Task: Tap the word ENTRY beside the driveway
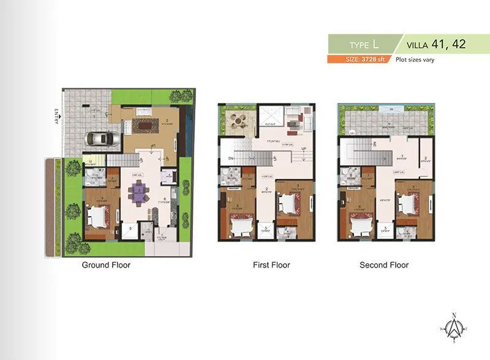pos(56,116)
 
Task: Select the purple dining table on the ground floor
pos(140,193)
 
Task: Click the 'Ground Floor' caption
pos(106,265)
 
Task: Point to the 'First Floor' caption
pos(271,265)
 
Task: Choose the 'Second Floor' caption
pos(383,265)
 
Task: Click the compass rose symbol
pos(453,327)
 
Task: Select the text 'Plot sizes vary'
pos(415,59)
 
